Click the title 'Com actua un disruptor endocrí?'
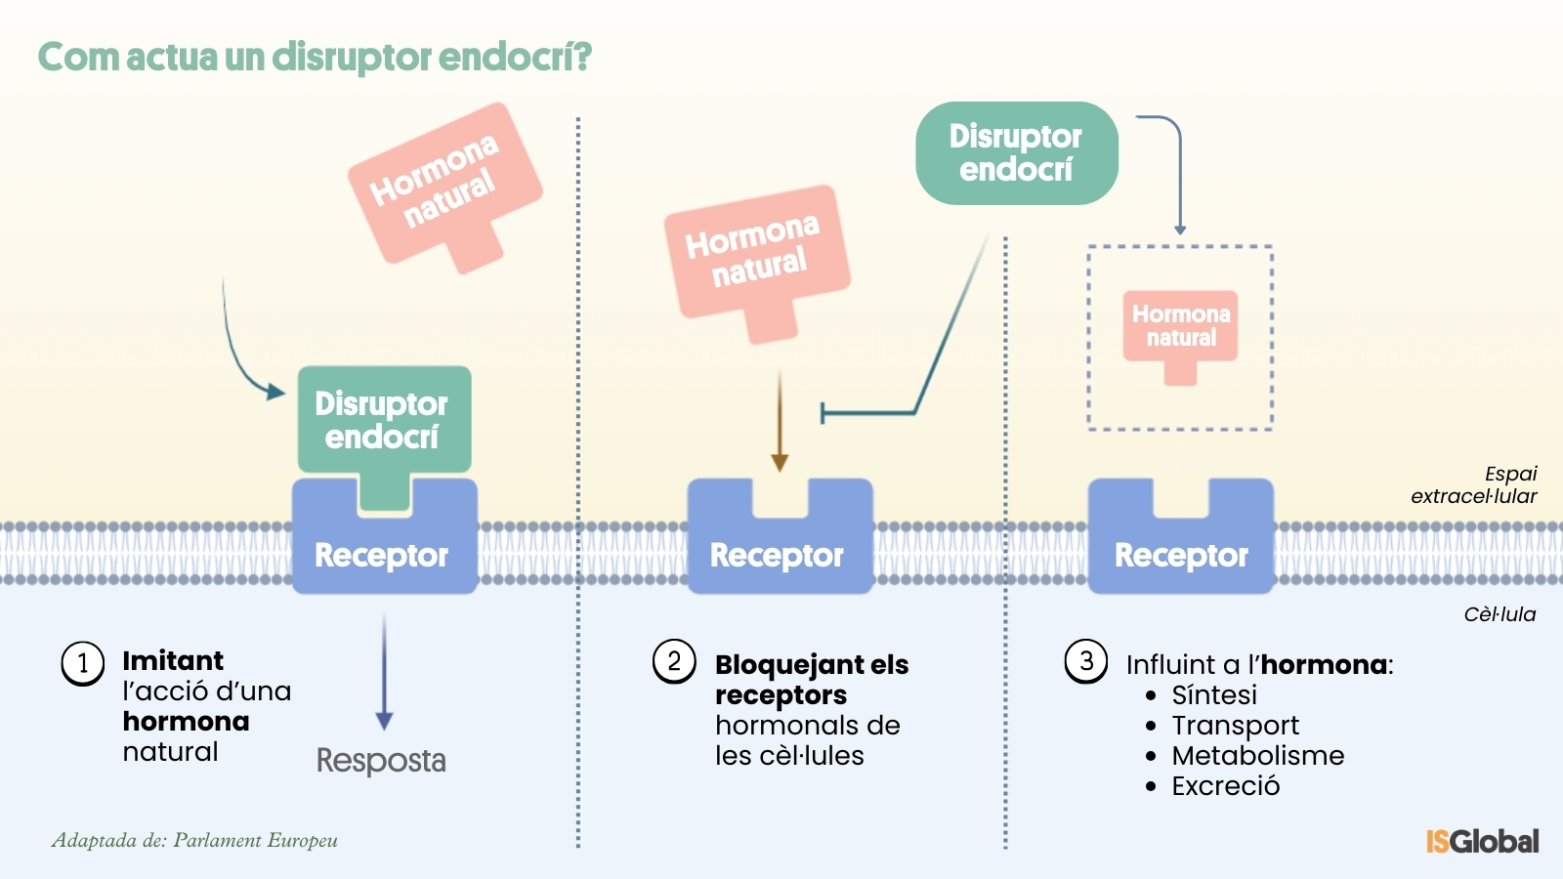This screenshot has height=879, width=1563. tap(315, 57)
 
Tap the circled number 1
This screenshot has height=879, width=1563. tap(83, 664)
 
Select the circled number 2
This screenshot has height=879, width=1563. tap(674, 661)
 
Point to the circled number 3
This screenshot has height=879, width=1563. tap(1086, 661)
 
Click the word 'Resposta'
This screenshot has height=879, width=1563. tap(381, 760)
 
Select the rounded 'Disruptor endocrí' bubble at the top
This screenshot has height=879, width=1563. tap(1016, 153)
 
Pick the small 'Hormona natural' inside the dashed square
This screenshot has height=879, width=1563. tap(1180, 327)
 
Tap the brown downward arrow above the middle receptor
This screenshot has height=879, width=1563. tap(780, 420)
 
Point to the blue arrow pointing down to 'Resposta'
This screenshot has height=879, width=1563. tap(384, 674)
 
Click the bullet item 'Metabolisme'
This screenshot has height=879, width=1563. tap(1257, 755)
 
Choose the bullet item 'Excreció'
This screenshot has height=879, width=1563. tap(1225, 785)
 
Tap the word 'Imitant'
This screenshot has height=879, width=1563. tap(173, 660)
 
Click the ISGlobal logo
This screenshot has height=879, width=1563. tap(1482, 841)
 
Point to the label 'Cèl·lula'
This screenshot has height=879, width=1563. tap(1500, 614)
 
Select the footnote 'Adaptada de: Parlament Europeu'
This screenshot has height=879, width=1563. tap(194, 840)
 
